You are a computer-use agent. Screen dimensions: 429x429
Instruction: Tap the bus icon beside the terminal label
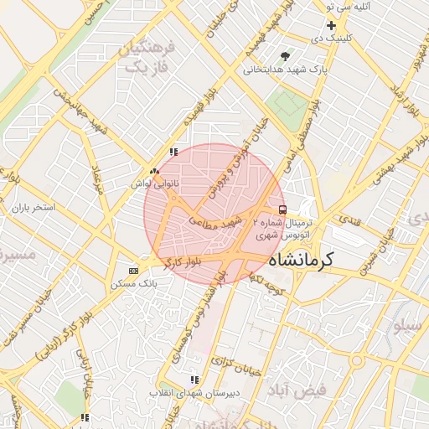click(x=282, y=209)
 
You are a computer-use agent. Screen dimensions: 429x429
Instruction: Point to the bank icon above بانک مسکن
click(x=133, y=271)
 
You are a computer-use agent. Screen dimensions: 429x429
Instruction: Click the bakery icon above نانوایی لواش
click(x=153, y=170)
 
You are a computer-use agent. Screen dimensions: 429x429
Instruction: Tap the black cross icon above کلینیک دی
click(x=332, y=26)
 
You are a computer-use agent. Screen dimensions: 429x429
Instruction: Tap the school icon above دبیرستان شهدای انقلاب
click(x=194, y=380)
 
